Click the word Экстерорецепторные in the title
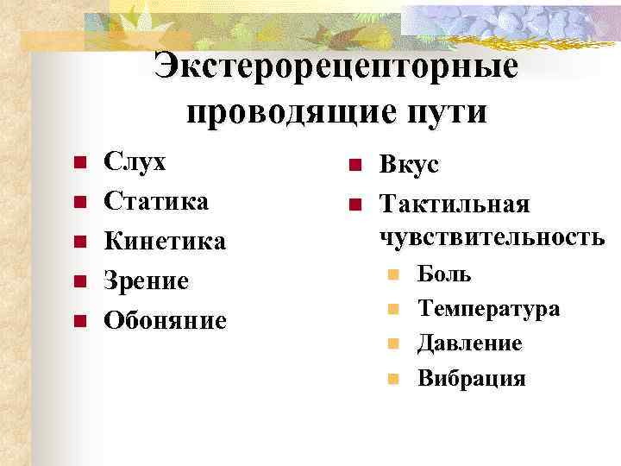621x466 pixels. tap(336, 68)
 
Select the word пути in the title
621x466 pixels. tap(446, 111)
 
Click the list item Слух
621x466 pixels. tap(135, 161)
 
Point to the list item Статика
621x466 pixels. tap(156, 201)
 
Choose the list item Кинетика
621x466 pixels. tap(165, 241)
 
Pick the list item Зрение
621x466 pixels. tap(146, 280)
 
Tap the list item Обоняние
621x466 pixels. tap(165, 320)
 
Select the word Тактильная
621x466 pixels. tap(455, 205)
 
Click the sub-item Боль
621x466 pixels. tap(444, 274)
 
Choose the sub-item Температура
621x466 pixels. tap(488, 309)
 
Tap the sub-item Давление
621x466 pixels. tap(469, 343)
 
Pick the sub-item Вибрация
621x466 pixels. tap(471, 378)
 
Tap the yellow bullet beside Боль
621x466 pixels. tap(393, 275)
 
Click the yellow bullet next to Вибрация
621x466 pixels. tap(393, 379)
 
